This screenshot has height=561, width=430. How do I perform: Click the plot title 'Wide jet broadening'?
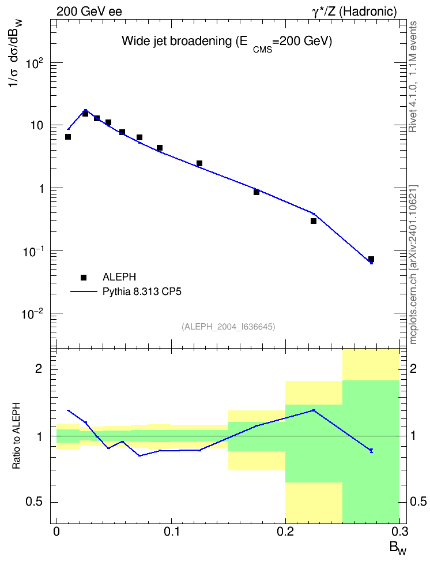click(176, 41)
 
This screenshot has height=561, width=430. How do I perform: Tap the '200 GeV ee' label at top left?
click(89, 12)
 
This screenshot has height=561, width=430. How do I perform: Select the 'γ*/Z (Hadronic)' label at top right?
click(354, 12)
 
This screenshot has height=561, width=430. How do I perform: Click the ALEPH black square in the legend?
click(84, 277)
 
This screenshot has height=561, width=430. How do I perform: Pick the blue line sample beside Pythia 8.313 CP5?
click(84, 291)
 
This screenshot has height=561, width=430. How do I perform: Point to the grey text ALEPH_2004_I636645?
click(228, 327)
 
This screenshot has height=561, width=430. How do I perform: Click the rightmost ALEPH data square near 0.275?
click(371, 259)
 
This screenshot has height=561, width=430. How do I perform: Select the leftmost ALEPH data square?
click(68, 137)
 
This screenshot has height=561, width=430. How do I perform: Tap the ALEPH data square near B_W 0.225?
click(314, 221)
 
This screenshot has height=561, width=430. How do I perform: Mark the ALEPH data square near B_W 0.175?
click(257, 192)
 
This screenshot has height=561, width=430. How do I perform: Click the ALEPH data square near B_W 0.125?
click(199, 163)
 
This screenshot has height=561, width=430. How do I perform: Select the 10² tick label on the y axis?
click(34, 63)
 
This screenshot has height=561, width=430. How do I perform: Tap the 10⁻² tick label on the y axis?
click(33, 315)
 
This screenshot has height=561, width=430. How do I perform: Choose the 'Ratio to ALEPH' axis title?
click(16, 436)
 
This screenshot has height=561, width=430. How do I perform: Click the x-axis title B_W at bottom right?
click(398, 548)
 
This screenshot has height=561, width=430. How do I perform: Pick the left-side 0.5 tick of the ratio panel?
click(34, 502)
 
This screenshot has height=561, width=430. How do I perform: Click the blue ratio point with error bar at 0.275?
click(371, 451)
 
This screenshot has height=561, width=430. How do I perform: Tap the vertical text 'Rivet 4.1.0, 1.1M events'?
click(413, 77)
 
